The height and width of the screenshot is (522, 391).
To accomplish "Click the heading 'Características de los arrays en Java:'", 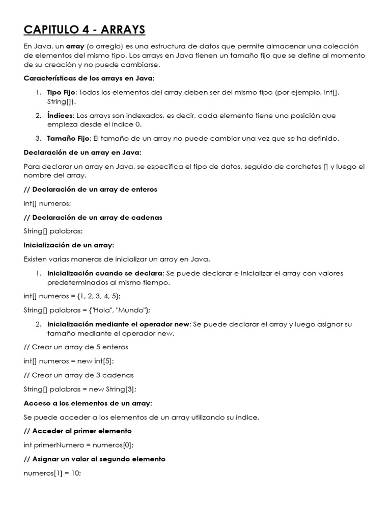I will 89,78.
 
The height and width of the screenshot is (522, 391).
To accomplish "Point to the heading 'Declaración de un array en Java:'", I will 82,152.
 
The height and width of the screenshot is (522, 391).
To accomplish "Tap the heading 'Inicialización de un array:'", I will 69,245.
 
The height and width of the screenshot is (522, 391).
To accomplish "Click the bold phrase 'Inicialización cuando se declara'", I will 105,273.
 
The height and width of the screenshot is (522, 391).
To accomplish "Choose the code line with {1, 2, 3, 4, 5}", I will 72,296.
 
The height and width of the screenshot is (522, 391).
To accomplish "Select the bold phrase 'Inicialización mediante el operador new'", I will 119,324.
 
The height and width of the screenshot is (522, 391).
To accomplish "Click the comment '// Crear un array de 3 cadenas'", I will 79,375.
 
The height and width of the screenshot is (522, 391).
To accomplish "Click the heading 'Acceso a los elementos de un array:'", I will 88,403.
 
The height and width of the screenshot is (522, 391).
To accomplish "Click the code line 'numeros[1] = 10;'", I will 52,473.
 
